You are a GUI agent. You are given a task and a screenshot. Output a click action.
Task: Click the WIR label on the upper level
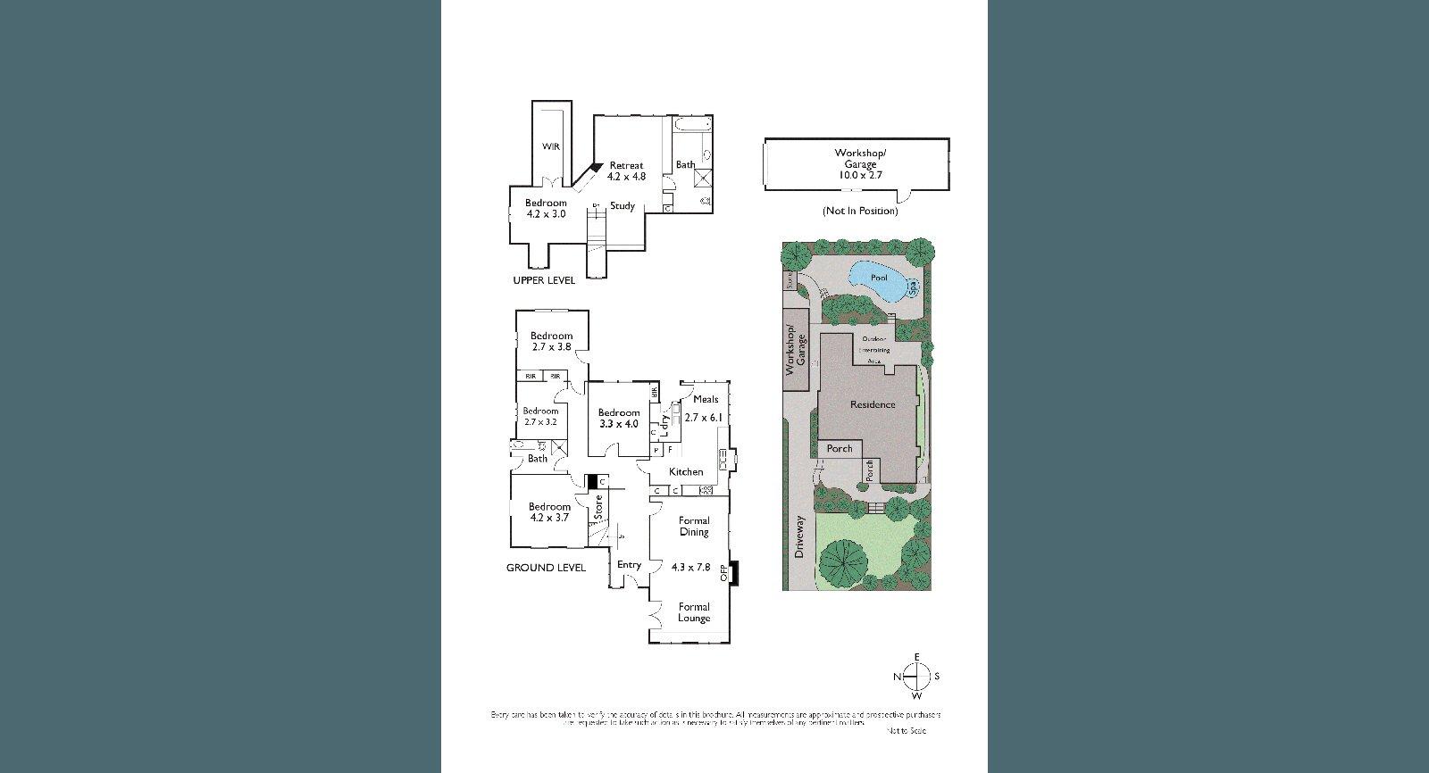[551, 145]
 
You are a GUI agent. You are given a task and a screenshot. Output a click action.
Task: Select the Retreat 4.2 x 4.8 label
[626, 171]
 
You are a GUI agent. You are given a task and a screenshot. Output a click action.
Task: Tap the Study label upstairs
[623, 206]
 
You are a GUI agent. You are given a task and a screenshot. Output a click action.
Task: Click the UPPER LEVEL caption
[544, 280]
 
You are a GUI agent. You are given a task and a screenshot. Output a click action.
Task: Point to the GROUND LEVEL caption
[546, 568]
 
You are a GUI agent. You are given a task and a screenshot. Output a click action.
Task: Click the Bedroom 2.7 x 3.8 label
[550, 341]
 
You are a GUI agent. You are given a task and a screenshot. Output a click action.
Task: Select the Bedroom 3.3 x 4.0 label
[619, 418]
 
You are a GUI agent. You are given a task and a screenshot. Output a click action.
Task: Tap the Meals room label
[705, 400]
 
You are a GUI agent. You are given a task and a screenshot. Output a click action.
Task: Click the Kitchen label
[686, 471]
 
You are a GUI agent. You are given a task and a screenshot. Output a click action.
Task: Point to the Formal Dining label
[694, 526]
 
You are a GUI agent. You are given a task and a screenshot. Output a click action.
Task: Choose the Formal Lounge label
[694, 612]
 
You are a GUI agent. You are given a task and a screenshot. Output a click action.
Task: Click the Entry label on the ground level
[629, 564]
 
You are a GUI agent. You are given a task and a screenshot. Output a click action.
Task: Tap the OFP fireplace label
[724, 573]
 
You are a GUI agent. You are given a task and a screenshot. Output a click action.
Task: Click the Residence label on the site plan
[872, 404]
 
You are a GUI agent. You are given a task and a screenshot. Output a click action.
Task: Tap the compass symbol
[917, 677]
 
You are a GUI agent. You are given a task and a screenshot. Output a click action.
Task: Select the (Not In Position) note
[859, 211]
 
